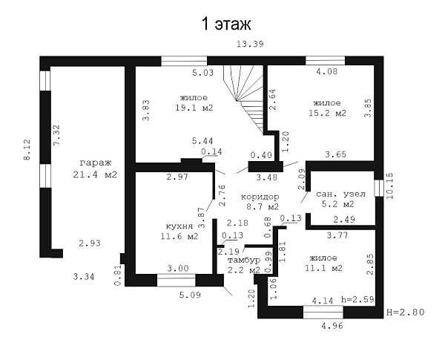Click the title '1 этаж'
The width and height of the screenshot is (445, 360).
click(226, 24)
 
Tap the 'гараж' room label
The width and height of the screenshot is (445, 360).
click(96, 163)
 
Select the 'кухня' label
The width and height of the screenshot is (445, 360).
click(179, 226)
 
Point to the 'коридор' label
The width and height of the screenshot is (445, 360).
click(260, 197)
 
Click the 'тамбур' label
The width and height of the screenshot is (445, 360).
click(244, 260)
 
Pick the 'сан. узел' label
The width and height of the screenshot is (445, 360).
click(340, 194)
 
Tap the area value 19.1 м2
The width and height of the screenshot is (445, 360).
click(194, 108)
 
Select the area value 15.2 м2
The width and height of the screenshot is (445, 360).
click(328, 113)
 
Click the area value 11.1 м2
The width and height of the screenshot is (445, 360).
click(323, 268)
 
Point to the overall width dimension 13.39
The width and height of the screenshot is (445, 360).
click(250, 44)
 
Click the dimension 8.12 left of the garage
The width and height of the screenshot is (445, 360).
click(27, 150)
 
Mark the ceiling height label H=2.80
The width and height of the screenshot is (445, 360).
click(406, 312)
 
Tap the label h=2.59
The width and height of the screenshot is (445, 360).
click(357, 299)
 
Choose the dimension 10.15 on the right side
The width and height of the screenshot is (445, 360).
click(390, 186)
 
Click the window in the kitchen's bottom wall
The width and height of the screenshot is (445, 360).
click(177, 280)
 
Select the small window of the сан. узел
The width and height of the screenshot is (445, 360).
click(378, 188)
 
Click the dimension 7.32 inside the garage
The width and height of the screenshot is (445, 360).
click(57, 135)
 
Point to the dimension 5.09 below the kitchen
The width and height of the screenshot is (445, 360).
click(190, 295)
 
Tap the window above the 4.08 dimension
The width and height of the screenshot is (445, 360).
click(326, 61)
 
